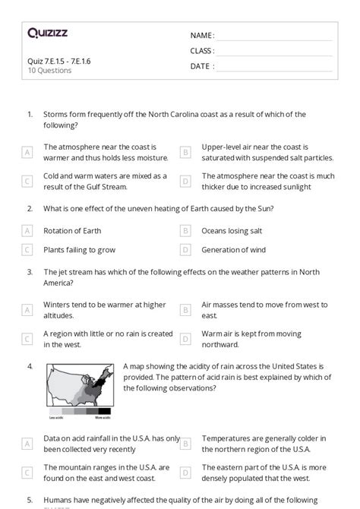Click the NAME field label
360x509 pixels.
202,35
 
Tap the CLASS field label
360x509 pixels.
202,51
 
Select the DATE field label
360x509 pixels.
202,66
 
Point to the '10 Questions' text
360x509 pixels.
49,71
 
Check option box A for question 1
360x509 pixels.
27,152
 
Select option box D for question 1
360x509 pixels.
185,181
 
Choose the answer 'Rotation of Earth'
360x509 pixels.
72,230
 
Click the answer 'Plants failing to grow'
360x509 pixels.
80,249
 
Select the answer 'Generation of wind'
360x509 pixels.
236,249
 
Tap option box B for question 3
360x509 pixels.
185,310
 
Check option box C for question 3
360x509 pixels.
27,339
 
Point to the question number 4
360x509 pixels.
30,366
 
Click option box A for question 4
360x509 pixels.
27,443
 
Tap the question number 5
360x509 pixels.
30,500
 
